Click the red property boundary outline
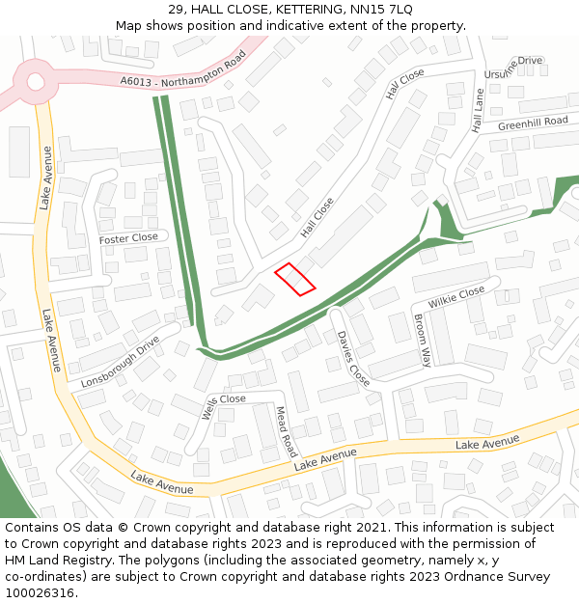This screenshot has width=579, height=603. coord(295,279)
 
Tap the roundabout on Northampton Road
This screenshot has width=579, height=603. coord(36,81)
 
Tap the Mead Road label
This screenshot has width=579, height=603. coord(287,431)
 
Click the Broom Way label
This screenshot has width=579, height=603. coord(422,340)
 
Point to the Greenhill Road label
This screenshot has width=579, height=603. coord(533,123)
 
